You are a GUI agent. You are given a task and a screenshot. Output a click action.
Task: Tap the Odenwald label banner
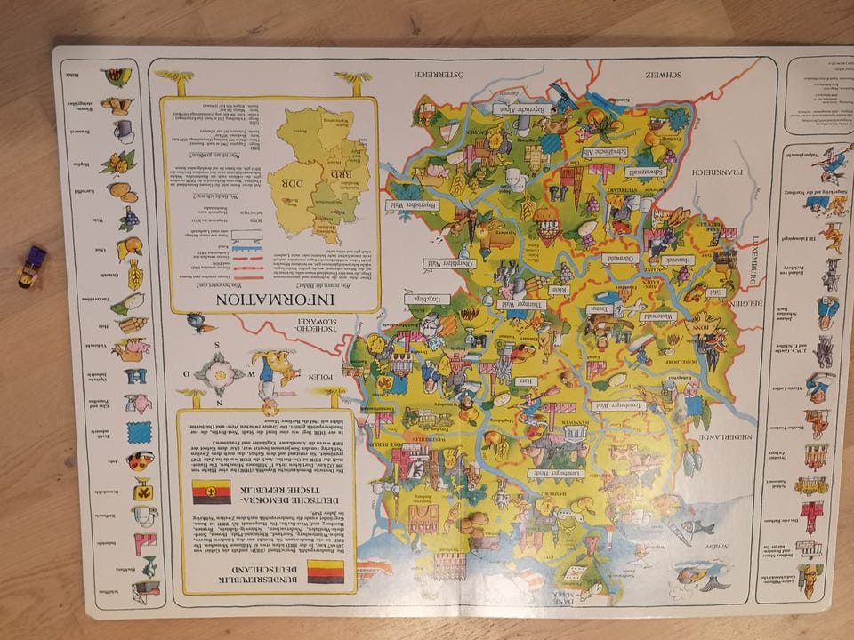coord(617,258)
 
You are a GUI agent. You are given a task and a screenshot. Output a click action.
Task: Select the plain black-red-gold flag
coord(325,571)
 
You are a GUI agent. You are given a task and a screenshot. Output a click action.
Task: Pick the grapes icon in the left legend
coord(129,218)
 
